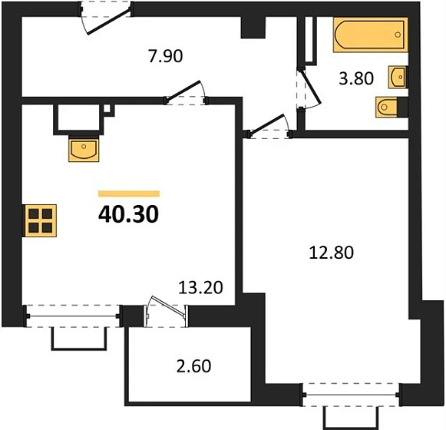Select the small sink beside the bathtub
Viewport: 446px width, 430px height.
(398, 78)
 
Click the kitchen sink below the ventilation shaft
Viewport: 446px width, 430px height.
(84, 149)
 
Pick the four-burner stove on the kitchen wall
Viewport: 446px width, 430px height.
(40, 220)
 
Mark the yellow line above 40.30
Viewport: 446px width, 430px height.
(129, 194)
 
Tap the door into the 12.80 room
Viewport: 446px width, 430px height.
(269, 127)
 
